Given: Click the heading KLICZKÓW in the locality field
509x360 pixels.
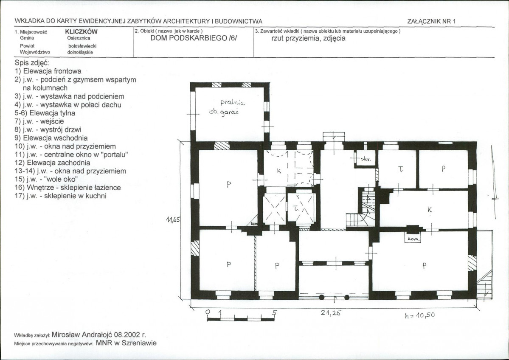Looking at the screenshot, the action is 81,32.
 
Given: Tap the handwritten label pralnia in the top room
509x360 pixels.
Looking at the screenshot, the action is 233,103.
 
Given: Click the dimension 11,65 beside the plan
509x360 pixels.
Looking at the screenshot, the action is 173,219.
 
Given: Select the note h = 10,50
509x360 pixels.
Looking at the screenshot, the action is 420,315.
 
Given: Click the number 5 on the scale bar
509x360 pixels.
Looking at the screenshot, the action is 275,312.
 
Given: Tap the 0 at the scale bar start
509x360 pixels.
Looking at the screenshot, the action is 208,312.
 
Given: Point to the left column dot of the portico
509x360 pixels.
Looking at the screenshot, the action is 322,297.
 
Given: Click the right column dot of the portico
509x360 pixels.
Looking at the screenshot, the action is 347,297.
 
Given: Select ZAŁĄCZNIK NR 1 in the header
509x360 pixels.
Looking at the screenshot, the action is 431,21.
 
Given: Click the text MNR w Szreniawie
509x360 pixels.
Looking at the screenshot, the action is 126,343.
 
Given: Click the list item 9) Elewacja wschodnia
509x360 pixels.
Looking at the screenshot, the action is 51,138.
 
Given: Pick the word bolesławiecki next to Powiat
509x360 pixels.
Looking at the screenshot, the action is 82,46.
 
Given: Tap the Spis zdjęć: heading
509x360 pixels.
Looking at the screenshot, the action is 32,63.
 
